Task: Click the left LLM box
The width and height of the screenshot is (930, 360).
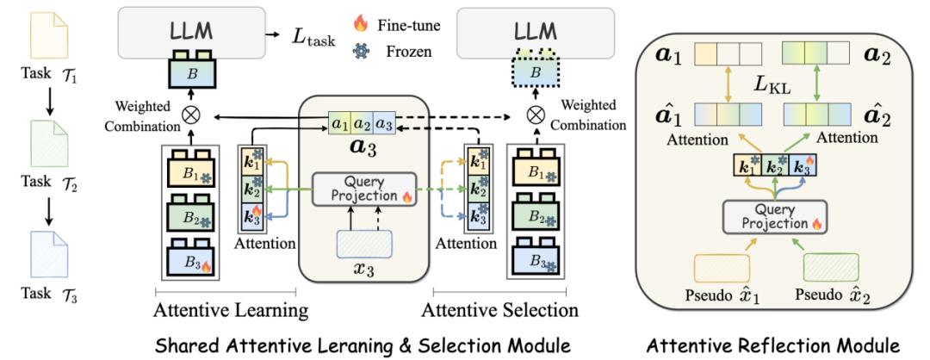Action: (191, 32)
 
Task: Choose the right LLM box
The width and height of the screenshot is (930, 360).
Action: (535, 33)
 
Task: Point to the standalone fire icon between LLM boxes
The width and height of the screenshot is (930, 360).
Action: (360, 23)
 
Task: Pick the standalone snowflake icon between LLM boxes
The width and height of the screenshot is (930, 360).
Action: (360, 51)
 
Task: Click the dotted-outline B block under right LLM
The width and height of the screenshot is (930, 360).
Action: (535, 71)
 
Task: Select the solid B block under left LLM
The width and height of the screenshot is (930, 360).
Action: (192, 72)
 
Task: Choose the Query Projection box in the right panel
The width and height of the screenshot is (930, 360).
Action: (774, 215)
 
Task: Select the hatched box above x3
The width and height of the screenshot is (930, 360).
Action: (363, 243)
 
